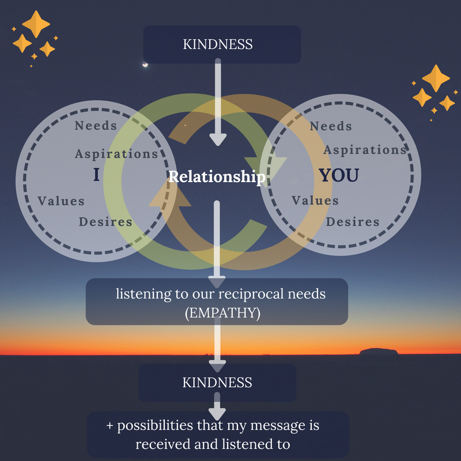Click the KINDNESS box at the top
click(222, 44)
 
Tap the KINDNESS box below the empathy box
click(217, 382)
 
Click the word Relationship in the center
click(217, 176)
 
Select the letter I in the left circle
click(96, 175)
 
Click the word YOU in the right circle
click(339, 175)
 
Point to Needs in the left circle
click(96, 125)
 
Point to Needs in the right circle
click(331, 126)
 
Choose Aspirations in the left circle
click(116, 153)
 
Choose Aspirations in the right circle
click(365, 150)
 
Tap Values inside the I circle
click(61, 201)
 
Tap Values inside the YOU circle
click(315, 201)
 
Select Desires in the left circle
click(105, 221)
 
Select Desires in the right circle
click(353, 221)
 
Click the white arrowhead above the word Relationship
click(218, 139)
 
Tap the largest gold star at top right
click(436, 78)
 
